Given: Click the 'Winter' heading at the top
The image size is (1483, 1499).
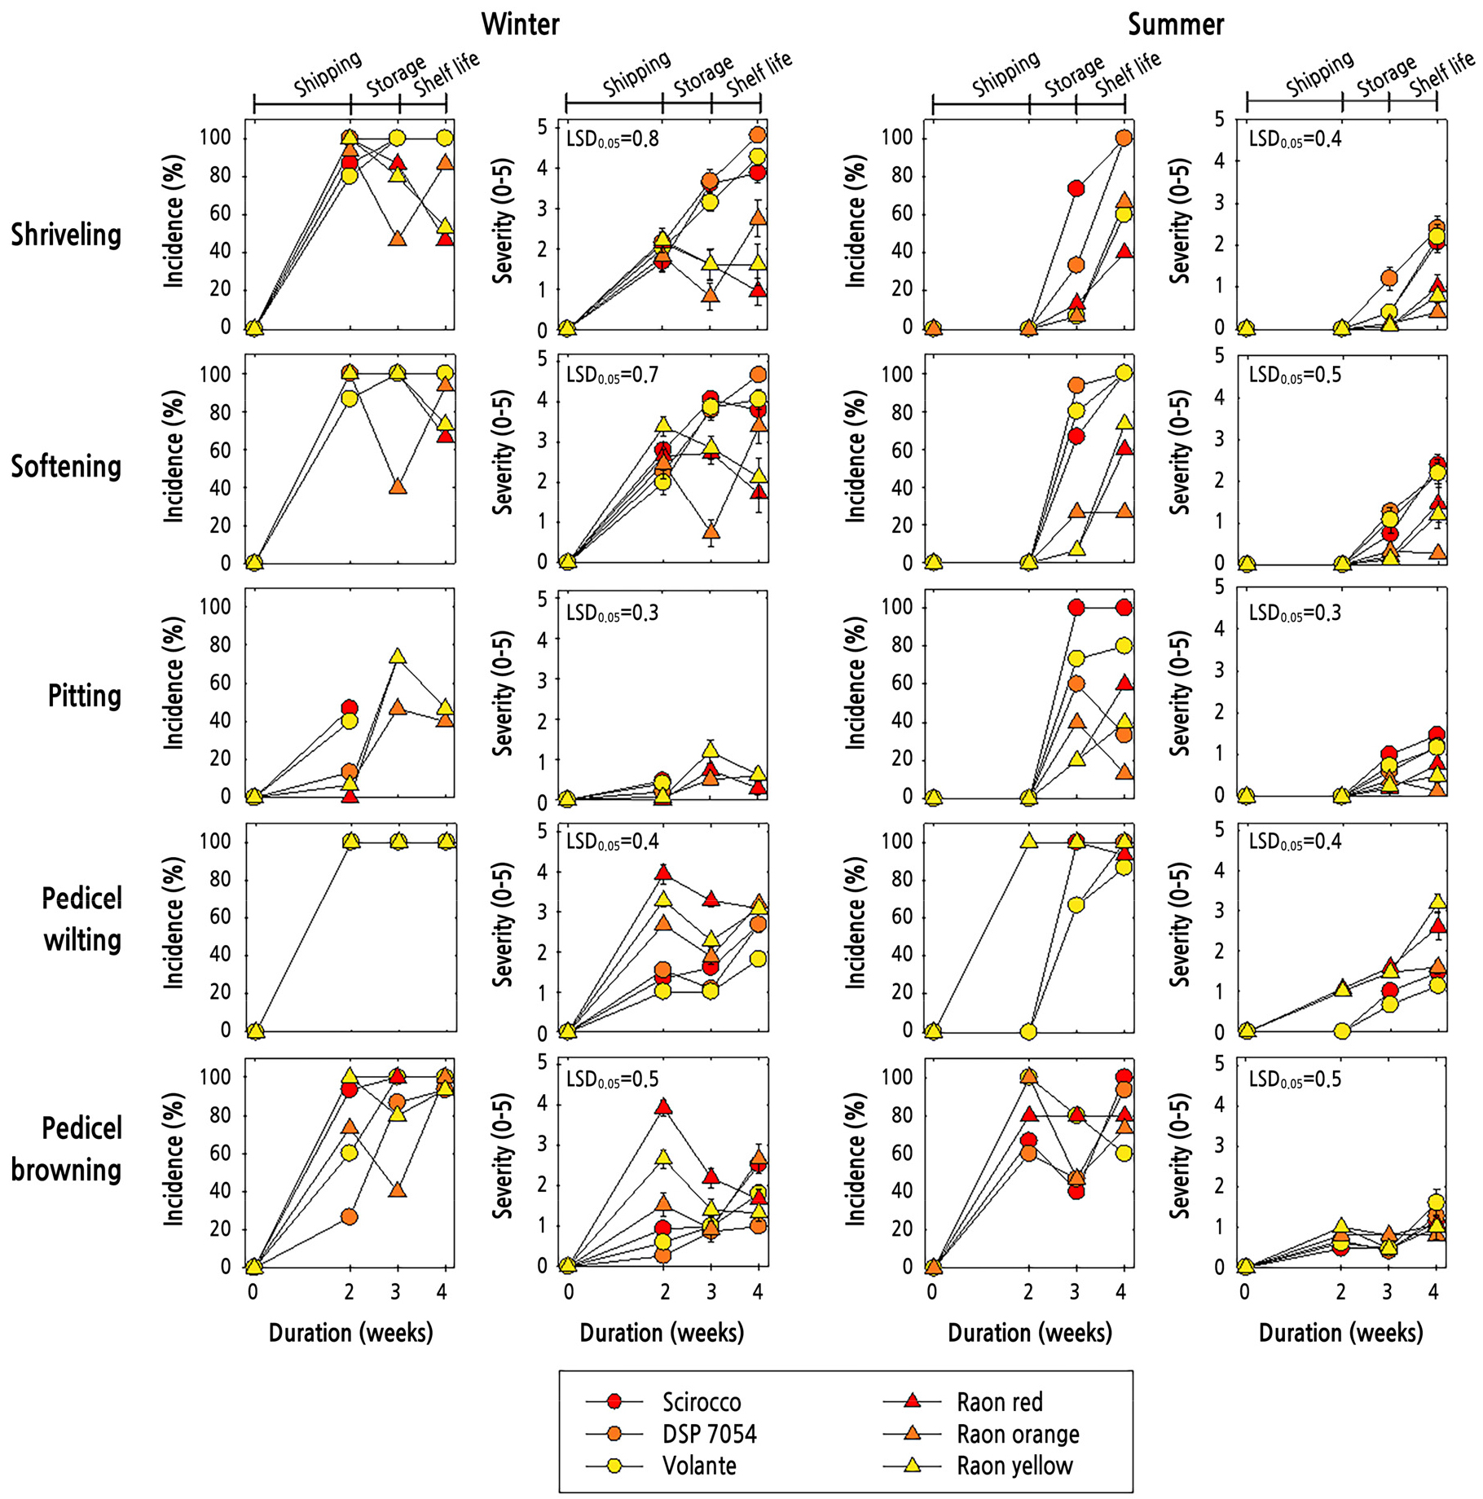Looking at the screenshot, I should click(520, 24).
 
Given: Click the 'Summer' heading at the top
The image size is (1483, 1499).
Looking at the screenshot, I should click(1175, 24).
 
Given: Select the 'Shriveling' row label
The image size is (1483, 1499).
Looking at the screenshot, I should click(66, 235).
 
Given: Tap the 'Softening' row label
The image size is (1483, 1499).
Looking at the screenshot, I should click(66, 466).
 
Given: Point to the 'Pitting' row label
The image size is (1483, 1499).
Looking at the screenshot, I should click(84, 696).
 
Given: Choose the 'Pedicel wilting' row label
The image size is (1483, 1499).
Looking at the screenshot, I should click(81, 919).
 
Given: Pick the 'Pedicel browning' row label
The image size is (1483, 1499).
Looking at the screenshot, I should click(66, 1149).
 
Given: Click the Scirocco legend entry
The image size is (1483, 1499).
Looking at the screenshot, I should click(701, 1402).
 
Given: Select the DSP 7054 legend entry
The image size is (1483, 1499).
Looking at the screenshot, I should click(709, 1434).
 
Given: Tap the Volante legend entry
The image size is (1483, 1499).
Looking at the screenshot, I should click(699, 1466).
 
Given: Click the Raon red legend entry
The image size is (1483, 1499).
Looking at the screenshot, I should click(999, 1402).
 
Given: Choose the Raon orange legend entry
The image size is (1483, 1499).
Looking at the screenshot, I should click(1017, 1434).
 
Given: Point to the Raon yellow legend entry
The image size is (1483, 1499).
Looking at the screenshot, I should click(1014, 1466).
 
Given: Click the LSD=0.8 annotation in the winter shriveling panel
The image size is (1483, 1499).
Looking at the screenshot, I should click(612, 138).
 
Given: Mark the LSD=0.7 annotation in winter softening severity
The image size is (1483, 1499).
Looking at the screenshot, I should click(612, 375).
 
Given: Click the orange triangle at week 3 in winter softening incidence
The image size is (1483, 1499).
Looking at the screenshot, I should click(398, 486).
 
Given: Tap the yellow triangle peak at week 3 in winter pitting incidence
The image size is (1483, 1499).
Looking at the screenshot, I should click(398, 656).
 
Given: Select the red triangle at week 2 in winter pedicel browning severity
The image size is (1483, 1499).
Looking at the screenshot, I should click(663, 1106).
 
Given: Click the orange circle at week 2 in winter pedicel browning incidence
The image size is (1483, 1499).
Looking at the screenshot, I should click(350, 1216).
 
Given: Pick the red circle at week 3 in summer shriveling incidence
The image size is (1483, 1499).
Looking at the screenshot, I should click(1076, 189).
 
